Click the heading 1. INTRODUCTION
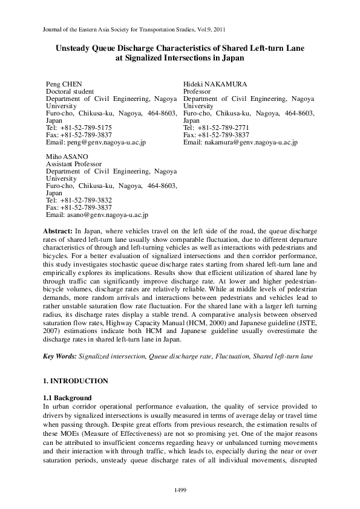coord(76,381)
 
